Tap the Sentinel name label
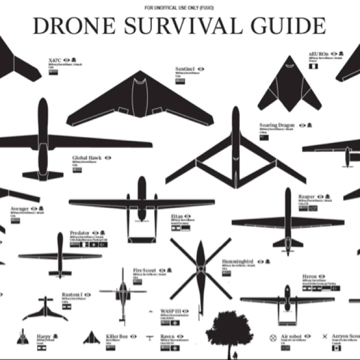click(185, 69)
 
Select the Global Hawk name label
click(87, 158)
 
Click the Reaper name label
click(307, 196)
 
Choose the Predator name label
click(80, 232)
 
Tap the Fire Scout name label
click(145, 270)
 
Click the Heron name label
click(309, 277)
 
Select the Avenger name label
click(19, 209)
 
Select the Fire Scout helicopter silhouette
click(123, 292)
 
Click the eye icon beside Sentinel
click(201, 69)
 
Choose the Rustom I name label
click(72, 294)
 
